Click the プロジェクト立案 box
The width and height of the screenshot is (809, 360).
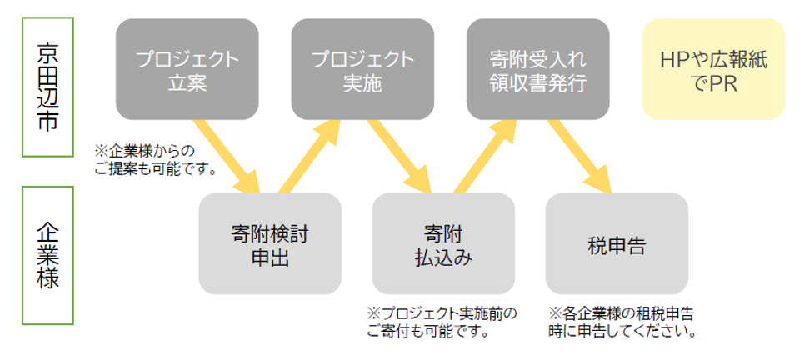point(187,70)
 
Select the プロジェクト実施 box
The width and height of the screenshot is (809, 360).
point(362,70)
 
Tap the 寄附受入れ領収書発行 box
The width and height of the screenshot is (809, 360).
point(537,70)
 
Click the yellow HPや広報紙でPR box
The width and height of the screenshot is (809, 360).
point(713,70)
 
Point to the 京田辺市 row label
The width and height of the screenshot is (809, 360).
point(49,85)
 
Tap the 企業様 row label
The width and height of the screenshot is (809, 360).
point(49,255)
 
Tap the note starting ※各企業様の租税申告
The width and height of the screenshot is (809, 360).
point(622,322)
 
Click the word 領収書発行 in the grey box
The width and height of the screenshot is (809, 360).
point(537,83)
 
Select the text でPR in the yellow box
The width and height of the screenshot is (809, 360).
point(713,83)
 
